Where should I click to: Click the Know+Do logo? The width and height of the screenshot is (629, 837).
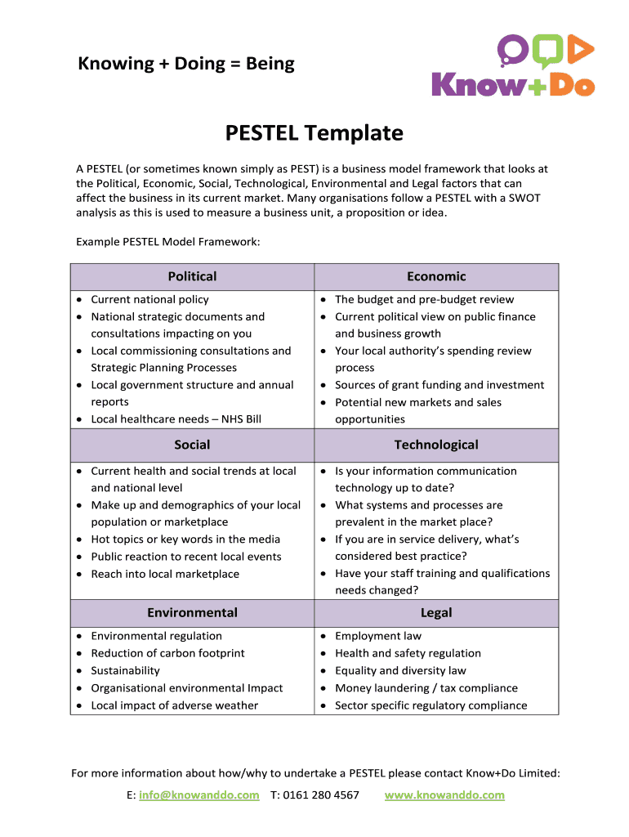[x=512, y=67]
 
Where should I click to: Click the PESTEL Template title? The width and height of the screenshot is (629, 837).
[x=314, y=132]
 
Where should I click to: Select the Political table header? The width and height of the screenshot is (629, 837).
[x=192, y=277]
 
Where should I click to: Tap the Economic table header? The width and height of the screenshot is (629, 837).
[x=436, y=277]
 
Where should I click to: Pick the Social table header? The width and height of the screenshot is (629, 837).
[x=192, y=445]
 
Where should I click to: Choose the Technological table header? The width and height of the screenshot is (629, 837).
[x=436, y=445]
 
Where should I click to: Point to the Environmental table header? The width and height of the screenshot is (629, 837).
[x=192, y=613]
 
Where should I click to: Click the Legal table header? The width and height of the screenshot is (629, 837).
[x=436, y=613]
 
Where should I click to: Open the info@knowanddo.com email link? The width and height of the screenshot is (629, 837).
[x=199, y=794]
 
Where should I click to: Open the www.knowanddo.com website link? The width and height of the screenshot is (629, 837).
[x=444, y=794]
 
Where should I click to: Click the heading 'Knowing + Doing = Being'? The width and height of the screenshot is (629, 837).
[x=186, y=64]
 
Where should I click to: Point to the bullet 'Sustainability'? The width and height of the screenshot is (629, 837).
[x=125, y=670]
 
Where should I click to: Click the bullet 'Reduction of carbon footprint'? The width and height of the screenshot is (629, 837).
[x=167, y=653]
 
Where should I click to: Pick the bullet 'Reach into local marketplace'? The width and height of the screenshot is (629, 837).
[x=165, y=574]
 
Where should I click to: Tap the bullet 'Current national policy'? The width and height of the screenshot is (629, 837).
[x=149, y=300]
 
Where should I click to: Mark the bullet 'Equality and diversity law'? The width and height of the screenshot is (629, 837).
[x=400, y=670]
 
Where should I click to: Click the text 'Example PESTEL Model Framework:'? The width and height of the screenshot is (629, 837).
[x=167, y=242]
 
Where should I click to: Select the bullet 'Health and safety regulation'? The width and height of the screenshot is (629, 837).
[x=408, y=653]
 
